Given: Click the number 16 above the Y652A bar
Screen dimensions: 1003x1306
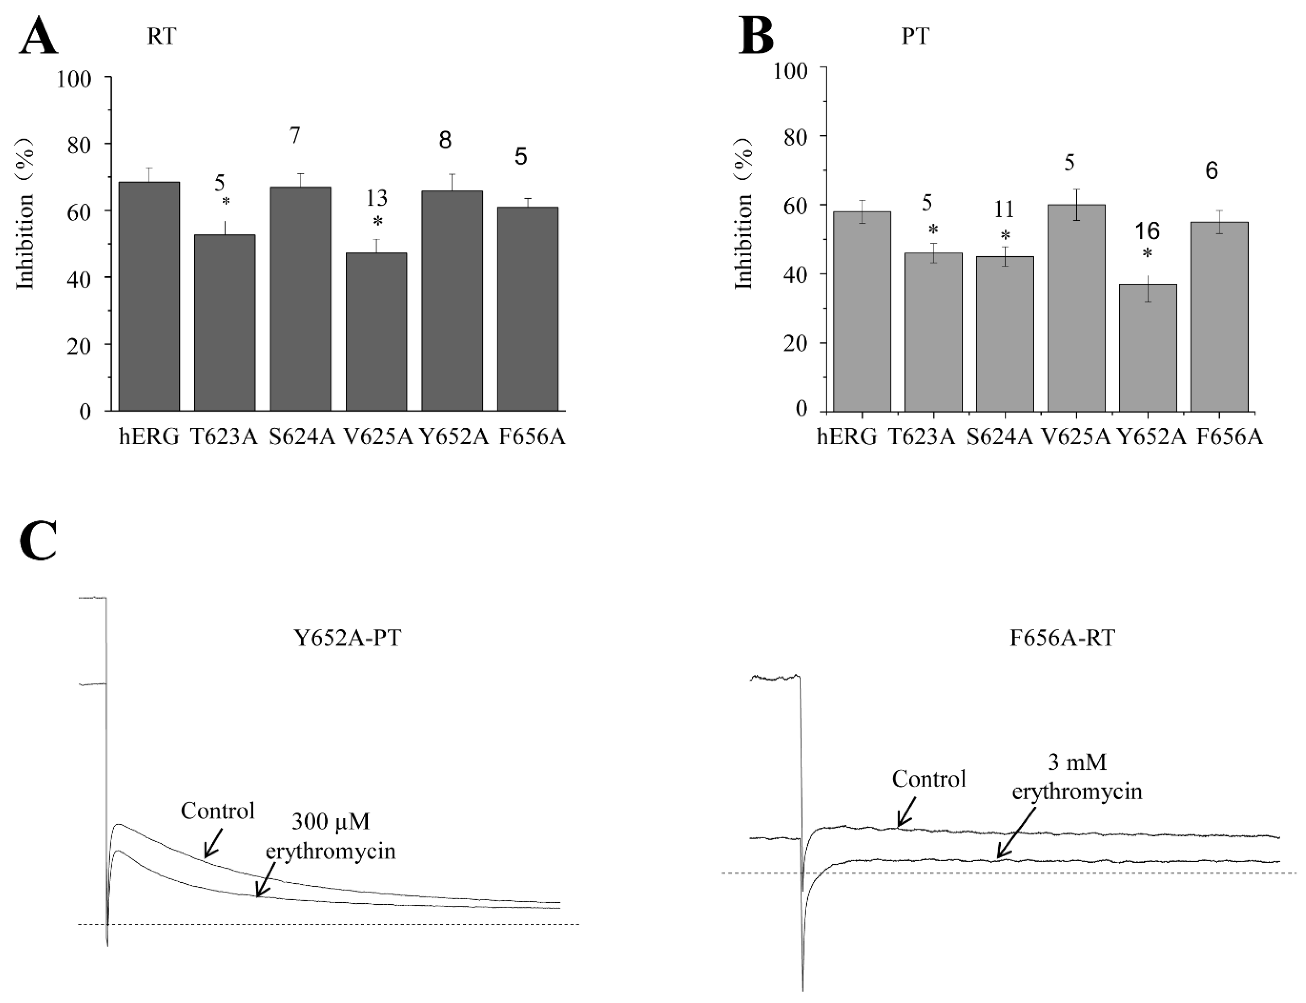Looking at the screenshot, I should click(1147, 231).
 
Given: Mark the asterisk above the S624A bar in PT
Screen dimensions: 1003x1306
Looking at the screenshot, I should click(1005, 234).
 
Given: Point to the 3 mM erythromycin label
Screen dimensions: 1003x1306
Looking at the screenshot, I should click(1077, 777).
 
